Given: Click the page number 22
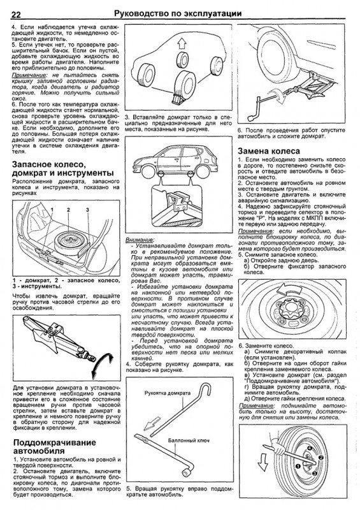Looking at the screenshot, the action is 17,15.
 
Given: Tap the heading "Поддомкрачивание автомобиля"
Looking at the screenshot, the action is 55,446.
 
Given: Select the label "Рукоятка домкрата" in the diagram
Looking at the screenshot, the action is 168,393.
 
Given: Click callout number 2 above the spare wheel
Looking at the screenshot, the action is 68,210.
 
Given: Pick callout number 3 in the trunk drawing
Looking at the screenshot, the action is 87,210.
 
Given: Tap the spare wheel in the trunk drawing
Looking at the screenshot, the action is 69,242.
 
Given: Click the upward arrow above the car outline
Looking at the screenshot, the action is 182,43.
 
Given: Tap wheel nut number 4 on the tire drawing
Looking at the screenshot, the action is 310,448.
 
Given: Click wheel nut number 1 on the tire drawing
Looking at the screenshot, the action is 297,466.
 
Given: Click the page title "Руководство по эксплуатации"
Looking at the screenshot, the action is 178,13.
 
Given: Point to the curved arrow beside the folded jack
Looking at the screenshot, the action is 103,363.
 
